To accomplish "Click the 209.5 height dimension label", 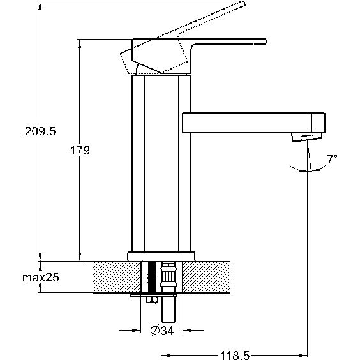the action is tap(40, 131).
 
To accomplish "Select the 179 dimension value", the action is tap(80, 151).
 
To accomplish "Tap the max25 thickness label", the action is tap(41, 278).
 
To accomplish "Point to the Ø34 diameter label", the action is tap(162, 331).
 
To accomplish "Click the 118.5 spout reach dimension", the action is tap(235, 355).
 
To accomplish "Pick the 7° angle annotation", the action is tap(332, 160).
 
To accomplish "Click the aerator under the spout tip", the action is tap(307, 137).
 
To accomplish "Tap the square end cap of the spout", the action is tap(318, 123).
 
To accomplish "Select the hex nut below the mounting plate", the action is tap(152, 300).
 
